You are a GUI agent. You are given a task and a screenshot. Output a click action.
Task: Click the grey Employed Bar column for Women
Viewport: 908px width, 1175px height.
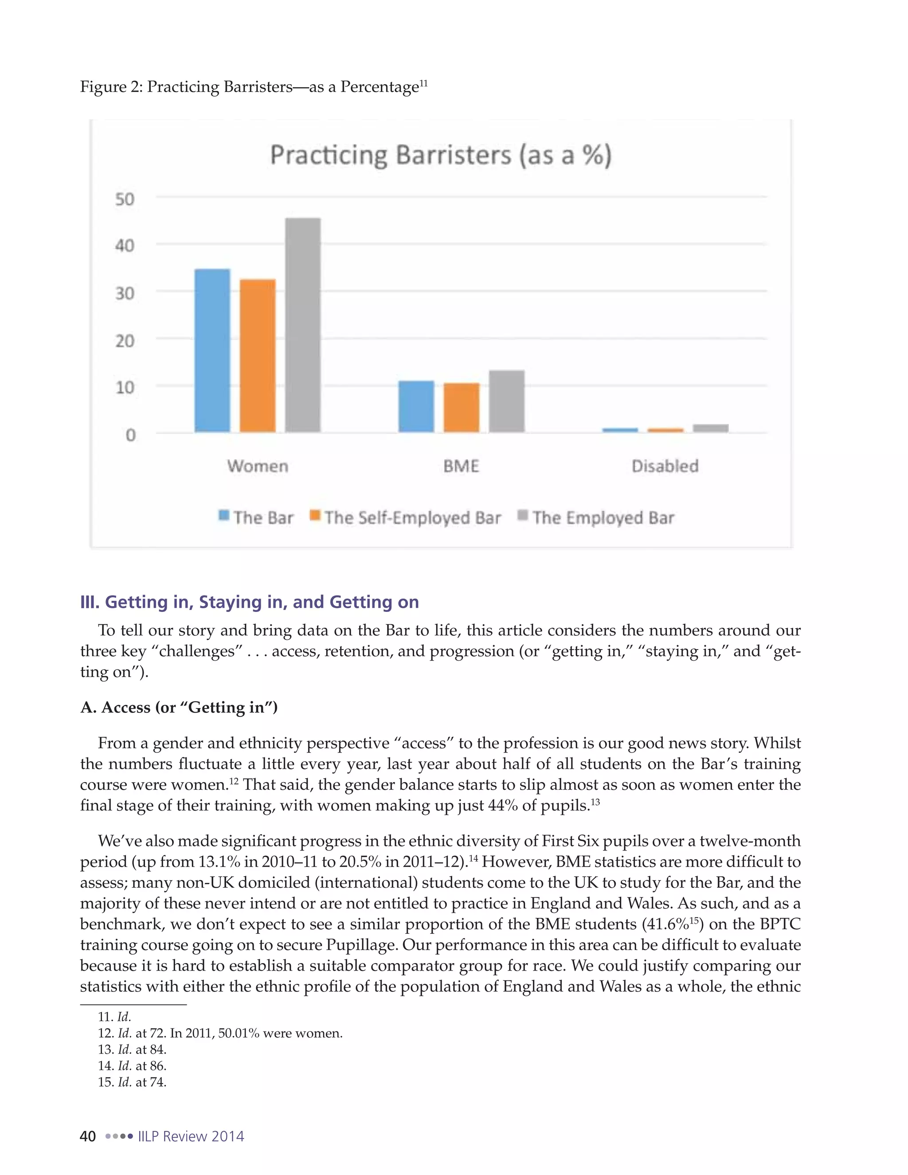(x=303, y=325)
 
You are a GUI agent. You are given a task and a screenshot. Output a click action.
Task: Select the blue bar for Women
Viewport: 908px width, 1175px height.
(x=212, y=350)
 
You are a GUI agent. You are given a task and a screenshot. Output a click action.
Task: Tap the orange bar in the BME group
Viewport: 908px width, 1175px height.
(x=461, y=407)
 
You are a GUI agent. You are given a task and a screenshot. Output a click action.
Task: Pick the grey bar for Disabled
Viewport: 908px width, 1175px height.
(x=711, y=428)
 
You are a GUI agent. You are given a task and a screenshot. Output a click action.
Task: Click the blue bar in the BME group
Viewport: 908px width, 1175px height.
(x=416, y=406)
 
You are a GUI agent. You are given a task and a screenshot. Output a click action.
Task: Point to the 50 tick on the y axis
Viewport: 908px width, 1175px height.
(x=125, y=200)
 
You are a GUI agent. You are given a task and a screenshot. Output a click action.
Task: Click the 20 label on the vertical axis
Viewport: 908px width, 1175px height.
(x=125, y=341)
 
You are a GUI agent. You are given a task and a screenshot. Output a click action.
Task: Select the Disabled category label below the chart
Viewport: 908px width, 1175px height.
(x=665, y=466)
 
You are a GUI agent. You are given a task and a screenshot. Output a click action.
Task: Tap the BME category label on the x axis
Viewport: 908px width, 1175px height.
(x=461, y=466)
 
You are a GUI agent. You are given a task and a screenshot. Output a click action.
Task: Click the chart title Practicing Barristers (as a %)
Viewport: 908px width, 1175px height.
(x=441, y=156)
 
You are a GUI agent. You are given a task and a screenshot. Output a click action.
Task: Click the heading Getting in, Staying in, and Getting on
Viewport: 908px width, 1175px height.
(x=249, y=602)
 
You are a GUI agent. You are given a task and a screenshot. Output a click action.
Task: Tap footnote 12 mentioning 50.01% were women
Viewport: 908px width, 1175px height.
(x=220, y=1033)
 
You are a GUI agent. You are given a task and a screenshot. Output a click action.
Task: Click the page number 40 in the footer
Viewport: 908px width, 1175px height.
(x=88, y=1136)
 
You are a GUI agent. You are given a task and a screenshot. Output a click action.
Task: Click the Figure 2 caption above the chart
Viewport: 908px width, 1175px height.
(x=253, y=86)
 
